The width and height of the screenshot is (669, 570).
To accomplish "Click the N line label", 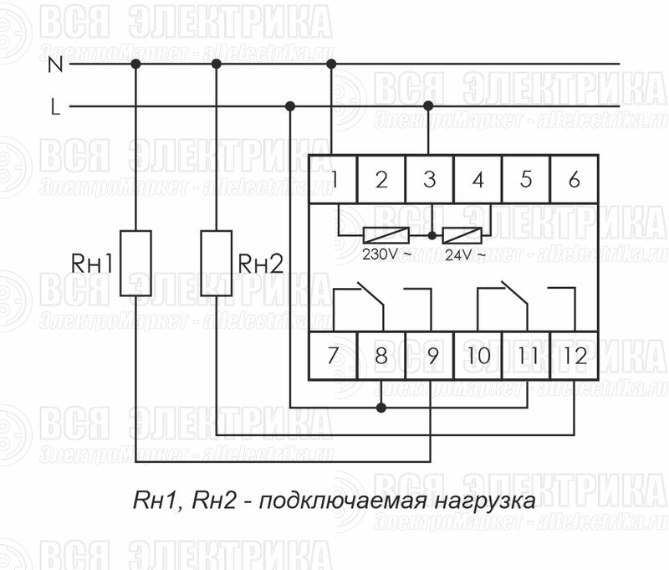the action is [x=55, y=64].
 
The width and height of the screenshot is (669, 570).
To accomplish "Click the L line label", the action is [x=55, y=107].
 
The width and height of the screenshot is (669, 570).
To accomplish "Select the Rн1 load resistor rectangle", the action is [x=135, y=263].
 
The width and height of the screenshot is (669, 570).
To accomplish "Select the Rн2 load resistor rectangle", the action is [x=217, y=263].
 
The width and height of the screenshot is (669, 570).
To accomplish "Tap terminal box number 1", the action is [x=333, y=179].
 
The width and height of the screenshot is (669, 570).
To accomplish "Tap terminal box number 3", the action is [x=429, y=179].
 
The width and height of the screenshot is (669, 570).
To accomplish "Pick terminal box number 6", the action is [x=575, y=179].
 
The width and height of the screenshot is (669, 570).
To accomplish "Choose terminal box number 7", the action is [x=333, y=355].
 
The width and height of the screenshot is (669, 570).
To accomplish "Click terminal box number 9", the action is [x=429, y=355].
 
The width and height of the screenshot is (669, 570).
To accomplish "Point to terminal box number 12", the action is [x=575, y=355].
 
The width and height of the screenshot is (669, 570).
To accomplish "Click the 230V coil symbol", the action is [x=386, y=235].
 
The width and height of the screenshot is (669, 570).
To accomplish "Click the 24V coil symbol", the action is [x=462, y=235].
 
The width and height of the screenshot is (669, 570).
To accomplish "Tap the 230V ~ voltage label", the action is [x=387, y=254].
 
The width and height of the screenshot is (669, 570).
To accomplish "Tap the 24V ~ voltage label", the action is [x=465, y=255].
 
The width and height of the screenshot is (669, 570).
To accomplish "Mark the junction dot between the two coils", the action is [x=432, y=235].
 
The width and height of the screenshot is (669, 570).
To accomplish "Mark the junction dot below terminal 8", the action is [x=381, y=408].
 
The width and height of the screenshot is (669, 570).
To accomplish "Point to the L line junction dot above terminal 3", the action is [x=428, y=106].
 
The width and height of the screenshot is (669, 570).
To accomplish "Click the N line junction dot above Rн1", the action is [x=135, y=64].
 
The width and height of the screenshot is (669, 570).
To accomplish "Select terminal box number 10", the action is [x=477, y=355].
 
